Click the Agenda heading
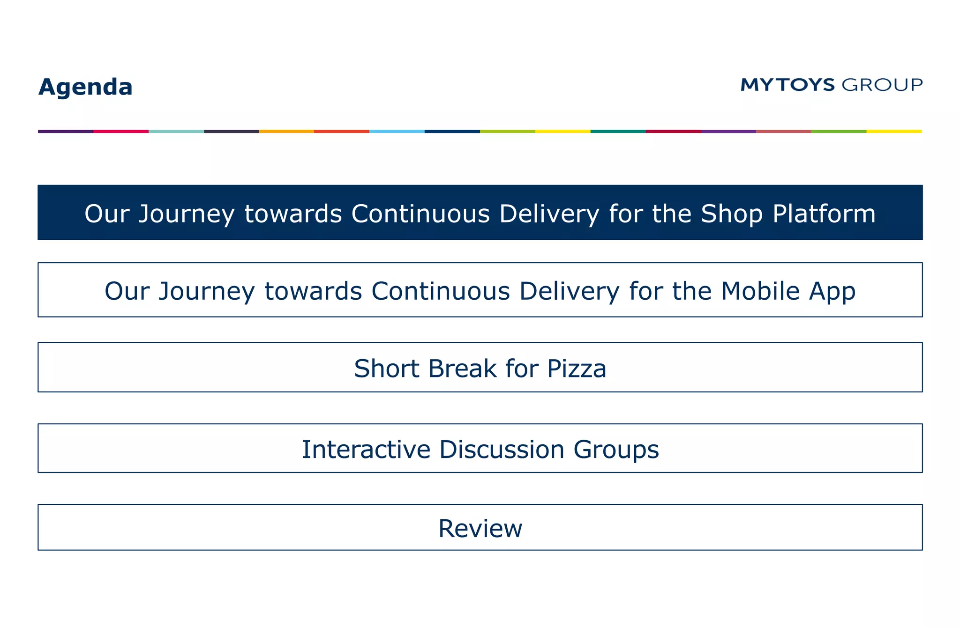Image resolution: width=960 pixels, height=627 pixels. (x=85, y=87)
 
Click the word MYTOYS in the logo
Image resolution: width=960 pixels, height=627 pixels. (x=787, y=85)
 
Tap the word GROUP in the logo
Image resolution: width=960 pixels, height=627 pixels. (x=882, y=85)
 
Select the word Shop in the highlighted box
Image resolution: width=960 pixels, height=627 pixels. (x=731, y=214)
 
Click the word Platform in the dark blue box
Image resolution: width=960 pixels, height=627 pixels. (x=824, y=214)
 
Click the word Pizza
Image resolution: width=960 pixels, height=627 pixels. (x=577, y=369)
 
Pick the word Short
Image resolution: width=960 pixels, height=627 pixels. (x=386, y=369)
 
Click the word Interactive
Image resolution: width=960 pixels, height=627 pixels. (x=366, y=450)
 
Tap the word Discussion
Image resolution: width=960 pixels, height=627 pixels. (x=502, y=450)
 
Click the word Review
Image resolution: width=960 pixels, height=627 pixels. (x=480, y=529)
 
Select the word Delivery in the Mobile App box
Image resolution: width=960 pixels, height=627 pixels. (x=569, y=291)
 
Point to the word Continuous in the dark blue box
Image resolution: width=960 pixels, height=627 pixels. (x=420, y=214)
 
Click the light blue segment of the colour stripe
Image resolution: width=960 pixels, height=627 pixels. (x=397, y=132)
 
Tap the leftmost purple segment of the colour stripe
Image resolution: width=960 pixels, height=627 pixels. (x=66, y=132)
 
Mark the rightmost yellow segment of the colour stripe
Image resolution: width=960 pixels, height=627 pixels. (x=894, y=132)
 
